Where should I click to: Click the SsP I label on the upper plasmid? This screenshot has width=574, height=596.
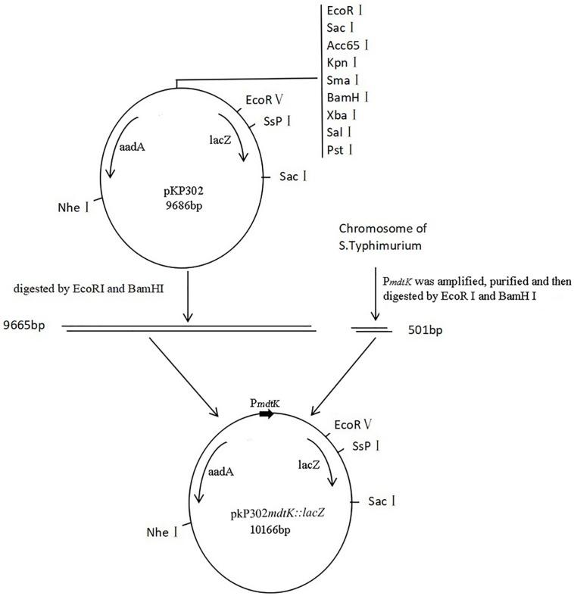pos(279,123)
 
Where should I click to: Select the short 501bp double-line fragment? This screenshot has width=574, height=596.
pos(371,329)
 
